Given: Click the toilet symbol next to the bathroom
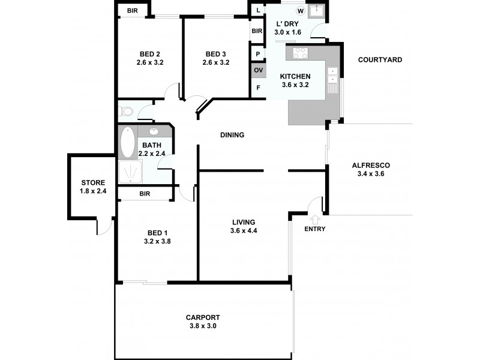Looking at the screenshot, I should (126, 112).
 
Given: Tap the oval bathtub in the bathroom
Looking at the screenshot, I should (128, 142).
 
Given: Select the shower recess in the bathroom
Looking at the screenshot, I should (129, 172).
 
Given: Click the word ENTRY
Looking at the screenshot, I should (314, 229).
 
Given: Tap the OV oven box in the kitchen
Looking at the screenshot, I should (258, 70).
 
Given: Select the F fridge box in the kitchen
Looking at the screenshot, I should (258, 88).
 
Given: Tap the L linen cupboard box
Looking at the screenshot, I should (258, 11).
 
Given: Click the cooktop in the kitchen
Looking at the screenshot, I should (300, 53).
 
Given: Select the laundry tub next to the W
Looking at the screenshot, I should (316, 12).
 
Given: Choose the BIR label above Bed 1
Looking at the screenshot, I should (145, 194).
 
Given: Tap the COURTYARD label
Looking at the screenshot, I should (380, 59).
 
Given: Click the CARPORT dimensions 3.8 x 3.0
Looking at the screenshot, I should (202, 326).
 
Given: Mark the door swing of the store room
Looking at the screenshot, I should (104, 226).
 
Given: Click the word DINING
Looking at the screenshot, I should (232, 135).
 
